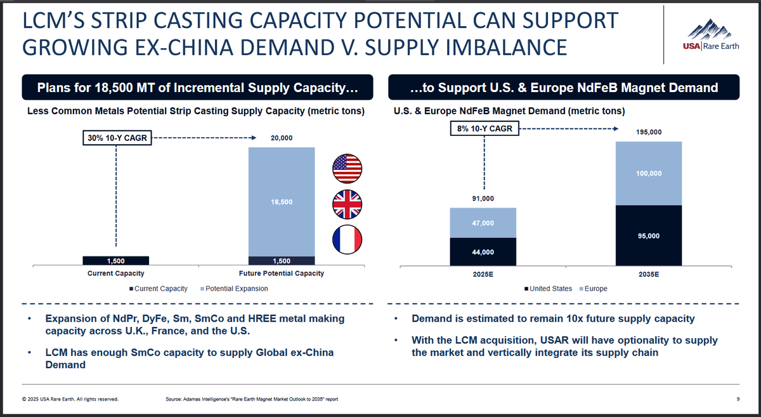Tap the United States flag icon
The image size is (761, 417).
(347, 168)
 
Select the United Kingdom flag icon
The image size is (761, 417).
(347, 204)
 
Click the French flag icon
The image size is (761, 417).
(347, 239)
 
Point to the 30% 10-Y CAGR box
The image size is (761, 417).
(117, 137)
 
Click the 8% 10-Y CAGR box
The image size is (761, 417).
(485, 129)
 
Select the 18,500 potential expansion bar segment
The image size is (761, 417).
(282, 201)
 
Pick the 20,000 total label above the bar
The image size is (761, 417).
(282, 138)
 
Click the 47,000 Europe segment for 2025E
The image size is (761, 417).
(483, 223)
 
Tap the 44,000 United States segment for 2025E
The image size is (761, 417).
(483, 252)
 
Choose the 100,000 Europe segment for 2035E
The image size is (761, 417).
(649, 173)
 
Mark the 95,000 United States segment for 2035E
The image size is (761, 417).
(649, 235)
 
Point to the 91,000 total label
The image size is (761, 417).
(483, 199)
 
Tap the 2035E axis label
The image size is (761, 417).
(649, 277)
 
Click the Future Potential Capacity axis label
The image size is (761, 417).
(282, 274)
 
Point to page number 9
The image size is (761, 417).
(738, 399)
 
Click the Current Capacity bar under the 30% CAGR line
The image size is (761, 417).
(116, 260)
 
